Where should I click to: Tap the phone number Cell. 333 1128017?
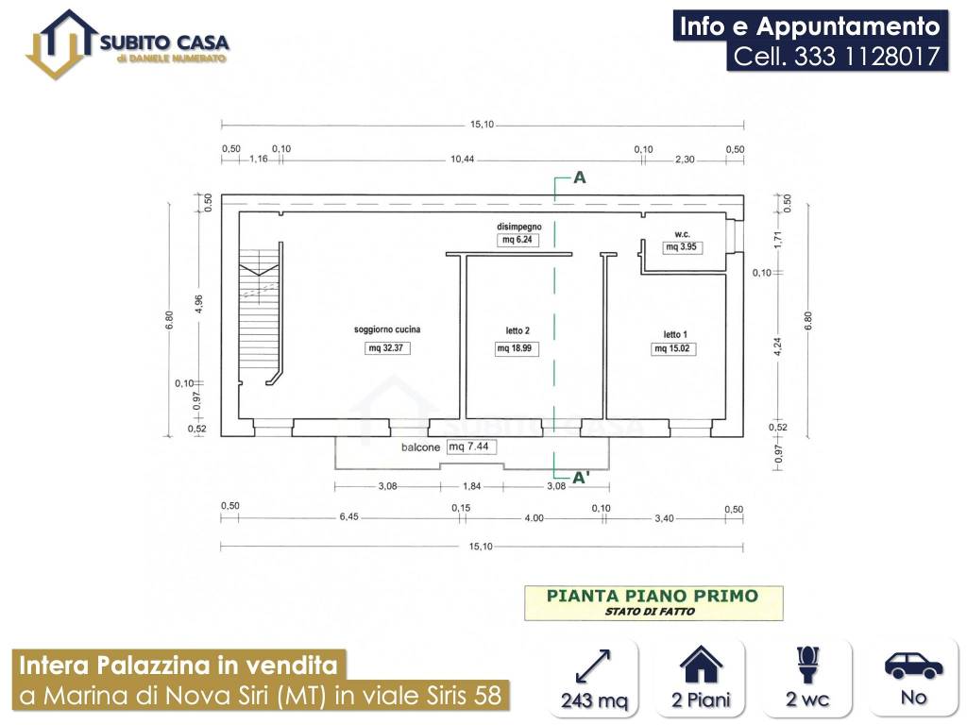[x=838, y=57]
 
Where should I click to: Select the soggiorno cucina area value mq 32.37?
[x=388, y=348]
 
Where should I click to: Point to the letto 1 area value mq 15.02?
[x=674, y=348]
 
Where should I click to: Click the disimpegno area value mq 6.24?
[x=517, y=240]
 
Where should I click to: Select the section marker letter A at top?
[x=580, y=177]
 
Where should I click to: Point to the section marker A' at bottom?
[x=582, y=478]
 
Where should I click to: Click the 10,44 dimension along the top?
[x=462, y=160]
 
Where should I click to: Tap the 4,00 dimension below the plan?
[x=534, y=517]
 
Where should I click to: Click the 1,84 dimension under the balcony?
[x=470, y=486]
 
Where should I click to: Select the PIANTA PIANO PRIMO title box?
[x=653, y=602]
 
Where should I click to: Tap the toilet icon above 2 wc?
[x=808, y=665]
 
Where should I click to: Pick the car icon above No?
[x=913, y=665]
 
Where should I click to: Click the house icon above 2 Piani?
[x=701, y=665]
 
